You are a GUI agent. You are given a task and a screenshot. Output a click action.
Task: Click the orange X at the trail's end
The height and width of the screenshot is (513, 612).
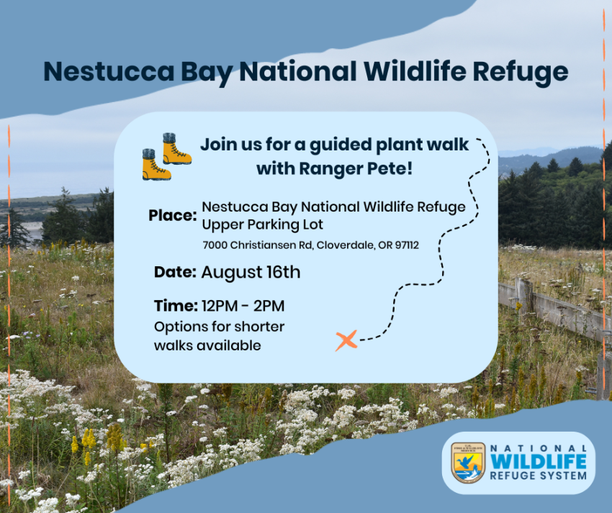click(x=346, y=340)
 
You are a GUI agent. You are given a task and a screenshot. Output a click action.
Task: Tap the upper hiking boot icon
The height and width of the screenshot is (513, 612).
click(x=176, y=149)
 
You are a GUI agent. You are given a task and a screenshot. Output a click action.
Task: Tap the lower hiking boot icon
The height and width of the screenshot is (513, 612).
click(x=156, y=165)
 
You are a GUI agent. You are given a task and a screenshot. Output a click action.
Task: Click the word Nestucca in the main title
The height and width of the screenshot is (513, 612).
click(x=109, y=71)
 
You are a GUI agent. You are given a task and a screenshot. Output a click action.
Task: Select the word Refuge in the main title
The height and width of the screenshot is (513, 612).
click(x=521, y=73)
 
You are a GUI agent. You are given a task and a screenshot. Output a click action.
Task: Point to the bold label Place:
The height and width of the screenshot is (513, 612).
click(x=173, y=215)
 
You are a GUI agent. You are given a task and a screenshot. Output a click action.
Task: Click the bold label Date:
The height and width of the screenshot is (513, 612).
click(x=175, y=272)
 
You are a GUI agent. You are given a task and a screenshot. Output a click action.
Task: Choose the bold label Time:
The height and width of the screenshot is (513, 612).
click(x=176, y=306)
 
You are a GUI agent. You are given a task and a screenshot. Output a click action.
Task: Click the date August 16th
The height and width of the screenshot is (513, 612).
click(x=251, y=272)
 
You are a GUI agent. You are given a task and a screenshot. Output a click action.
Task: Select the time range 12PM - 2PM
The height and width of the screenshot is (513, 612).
click(x=243, y=306)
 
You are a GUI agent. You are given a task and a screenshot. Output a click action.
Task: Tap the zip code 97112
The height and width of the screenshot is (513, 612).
click(x=407, y=245)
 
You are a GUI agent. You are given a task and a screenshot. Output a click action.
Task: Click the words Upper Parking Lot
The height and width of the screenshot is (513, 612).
click(x=262, y=224)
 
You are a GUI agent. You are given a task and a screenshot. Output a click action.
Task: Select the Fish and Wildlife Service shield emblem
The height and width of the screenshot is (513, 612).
click(x=468, y=463)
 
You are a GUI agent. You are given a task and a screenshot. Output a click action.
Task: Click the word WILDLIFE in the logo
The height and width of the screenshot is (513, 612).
click(x=539, y=461)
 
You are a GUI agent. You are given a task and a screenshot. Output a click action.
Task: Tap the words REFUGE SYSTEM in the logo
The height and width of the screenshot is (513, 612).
click(x=539, y=476)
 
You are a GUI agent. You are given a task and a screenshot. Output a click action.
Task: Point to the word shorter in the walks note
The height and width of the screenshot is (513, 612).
click(x=259, y=327)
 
